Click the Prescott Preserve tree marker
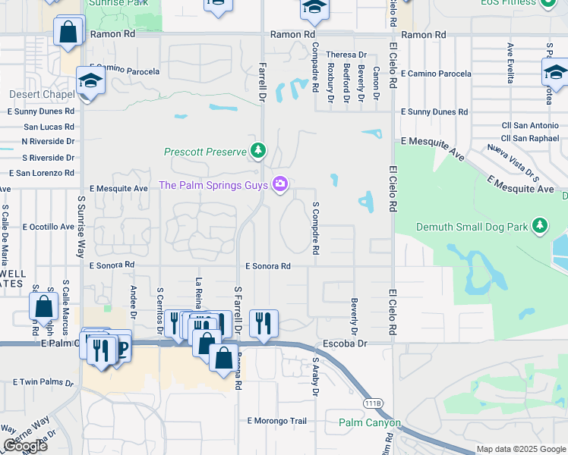259,151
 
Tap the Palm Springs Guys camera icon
280,185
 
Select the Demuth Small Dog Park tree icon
540,225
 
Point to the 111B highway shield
372,403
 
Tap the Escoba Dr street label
346,344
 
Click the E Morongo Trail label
276,421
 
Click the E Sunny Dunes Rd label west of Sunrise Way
41,111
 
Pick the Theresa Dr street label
346,55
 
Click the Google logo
25,446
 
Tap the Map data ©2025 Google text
520,449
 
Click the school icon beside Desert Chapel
90,81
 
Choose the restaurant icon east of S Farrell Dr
263,323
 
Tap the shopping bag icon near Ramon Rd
68,33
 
